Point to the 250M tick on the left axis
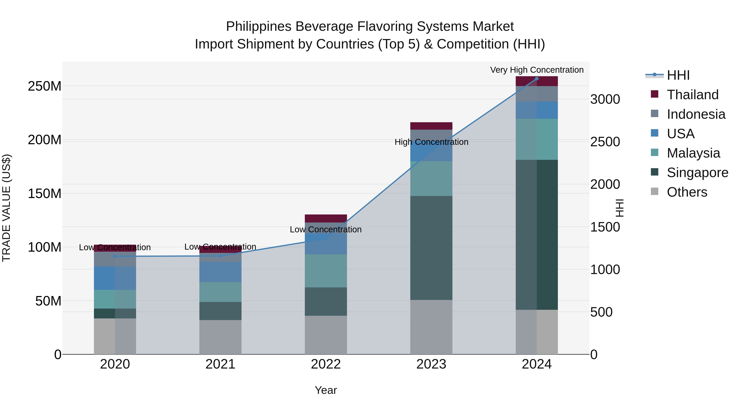(45, 86)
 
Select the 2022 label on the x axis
(326, 364)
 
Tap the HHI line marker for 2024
(537, 79)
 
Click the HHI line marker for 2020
(115, 256)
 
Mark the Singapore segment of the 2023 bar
(431, 248)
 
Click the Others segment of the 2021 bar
(220, 337)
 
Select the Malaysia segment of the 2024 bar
(537, 139)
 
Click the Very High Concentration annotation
(537, 70)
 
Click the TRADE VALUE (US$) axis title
(6, 208)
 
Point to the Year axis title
(326, 390)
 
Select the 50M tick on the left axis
(48, 301)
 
